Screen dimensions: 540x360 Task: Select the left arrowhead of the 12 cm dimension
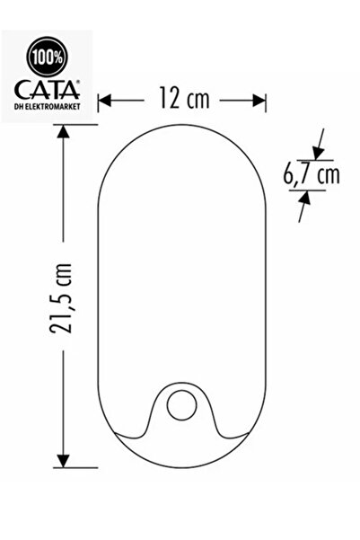[x=103, y=100]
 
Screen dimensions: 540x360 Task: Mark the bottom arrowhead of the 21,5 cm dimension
[x=64, y=459]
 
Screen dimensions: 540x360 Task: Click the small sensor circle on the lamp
[x=182, y=405]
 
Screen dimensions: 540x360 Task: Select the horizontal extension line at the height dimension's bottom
[x=81, y=467]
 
